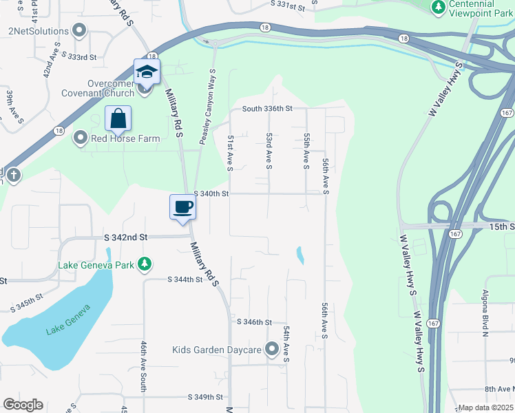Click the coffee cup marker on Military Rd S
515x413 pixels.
(183, 207)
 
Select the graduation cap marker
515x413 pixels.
(147, 72)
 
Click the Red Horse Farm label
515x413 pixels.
(125, 138)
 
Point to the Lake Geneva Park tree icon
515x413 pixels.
(144, 264)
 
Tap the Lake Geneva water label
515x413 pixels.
(68, 320)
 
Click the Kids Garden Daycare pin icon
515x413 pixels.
(272, 350)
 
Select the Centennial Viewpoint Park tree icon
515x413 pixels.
(438, 7)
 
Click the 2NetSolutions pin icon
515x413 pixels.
(79, 31)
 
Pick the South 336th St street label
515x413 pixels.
(267, 109)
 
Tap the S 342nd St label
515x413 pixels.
(126, 237)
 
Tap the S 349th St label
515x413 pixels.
(206, 397)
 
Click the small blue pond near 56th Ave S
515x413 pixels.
(299, 255)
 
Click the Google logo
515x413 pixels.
(23, 405)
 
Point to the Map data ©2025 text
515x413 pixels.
(485, 407)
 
